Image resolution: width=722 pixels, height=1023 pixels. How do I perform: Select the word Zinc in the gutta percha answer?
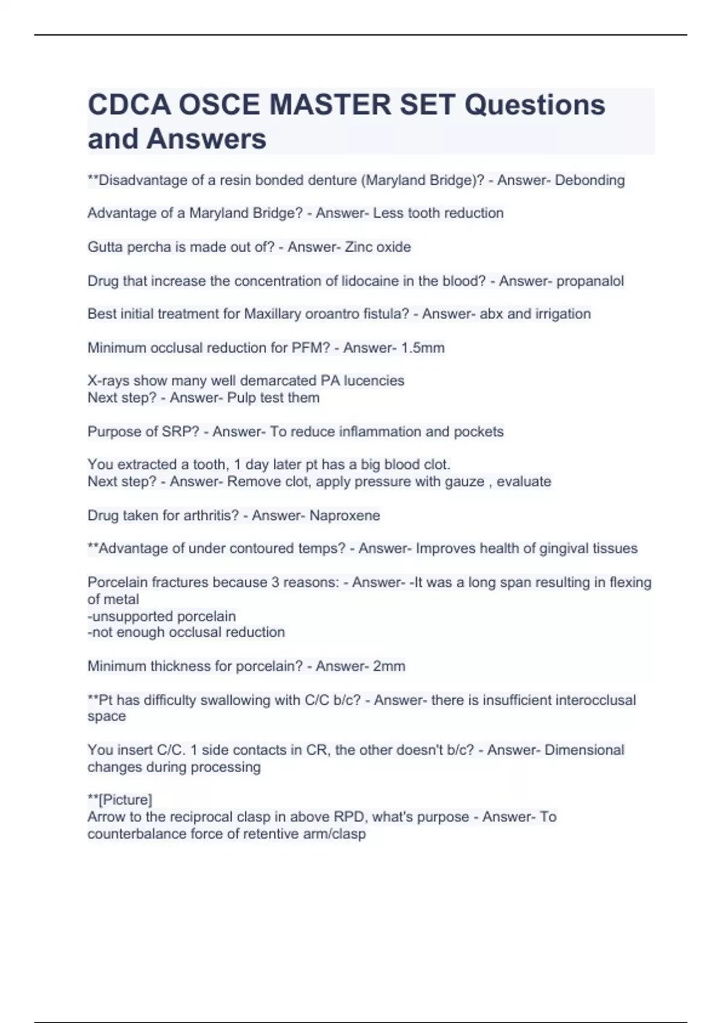[x=359, y=247]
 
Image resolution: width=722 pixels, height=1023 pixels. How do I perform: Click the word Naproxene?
[x=345, y=515]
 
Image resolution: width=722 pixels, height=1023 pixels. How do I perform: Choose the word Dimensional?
[x=584, y=750]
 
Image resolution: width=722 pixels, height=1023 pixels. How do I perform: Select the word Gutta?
[x=105, y=247]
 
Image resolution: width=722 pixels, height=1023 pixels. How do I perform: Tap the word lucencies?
[x=374, y=380]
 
